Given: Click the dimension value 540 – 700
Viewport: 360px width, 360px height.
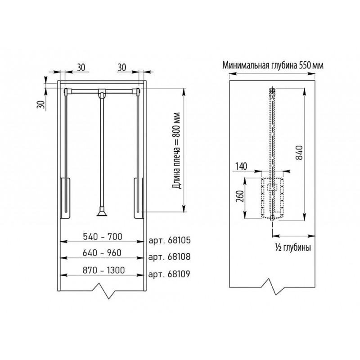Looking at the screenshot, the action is click(x=103, y=237).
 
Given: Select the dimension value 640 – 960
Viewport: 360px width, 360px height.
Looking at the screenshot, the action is click(x=102, y=253).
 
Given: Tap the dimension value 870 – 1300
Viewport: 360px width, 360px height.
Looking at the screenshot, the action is click(x=103, y=270).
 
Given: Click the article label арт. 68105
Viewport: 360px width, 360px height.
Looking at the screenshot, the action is click(x=170, y=240).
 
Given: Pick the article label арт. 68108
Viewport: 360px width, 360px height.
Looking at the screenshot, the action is click(x=170, y=256).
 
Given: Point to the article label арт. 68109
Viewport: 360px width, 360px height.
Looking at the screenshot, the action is click(x=169, y=274).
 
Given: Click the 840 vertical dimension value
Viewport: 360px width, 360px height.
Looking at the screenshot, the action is click(x=300, y=153).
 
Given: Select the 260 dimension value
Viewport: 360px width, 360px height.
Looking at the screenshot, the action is click(x=240, y=196).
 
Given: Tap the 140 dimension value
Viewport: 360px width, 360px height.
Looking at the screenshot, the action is click(x=241, y=166).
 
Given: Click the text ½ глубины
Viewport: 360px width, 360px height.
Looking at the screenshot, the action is click(x=293, y=247).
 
